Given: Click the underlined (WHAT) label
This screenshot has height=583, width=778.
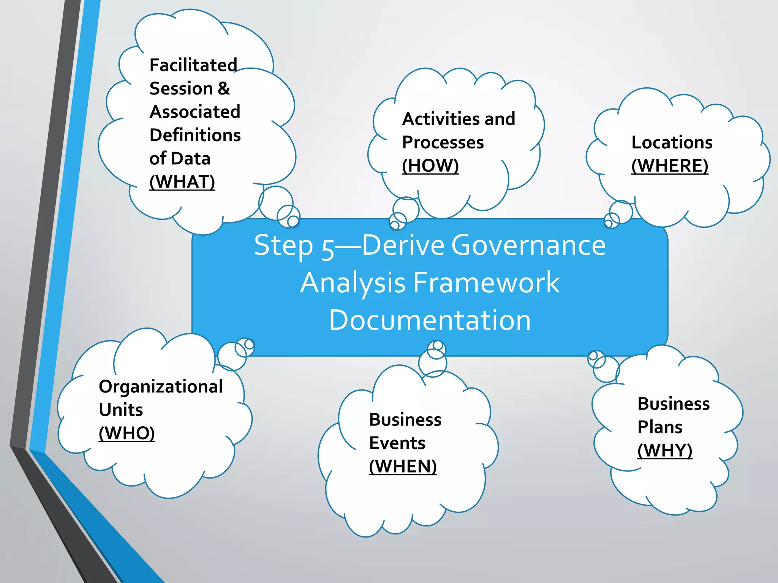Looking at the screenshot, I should (x=182, y=182).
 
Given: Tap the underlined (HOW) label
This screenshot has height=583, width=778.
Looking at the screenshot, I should (x=430, y=166).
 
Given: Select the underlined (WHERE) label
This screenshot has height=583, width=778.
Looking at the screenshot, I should (x=669, y=166).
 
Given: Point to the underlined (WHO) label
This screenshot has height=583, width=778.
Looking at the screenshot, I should (x=127, y=433).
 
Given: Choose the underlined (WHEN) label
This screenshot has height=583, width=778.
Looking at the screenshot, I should (x=403, y=466).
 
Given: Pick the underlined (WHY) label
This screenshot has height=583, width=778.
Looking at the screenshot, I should (x=664, y=451).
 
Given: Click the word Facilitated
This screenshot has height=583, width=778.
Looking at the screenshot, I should (x=193, y=65).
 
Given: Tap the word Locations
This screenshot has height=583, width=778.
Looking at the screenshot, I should (x=672, y=143).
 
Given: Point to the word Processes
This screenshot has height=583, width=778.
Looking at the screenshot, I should (x=443, y=143).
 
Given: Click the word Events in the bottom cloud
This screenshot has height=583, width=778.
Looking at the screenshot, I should (x=397, y=443).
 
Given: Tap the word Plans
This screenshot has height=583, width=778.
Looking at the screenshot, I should (x=660, y=427).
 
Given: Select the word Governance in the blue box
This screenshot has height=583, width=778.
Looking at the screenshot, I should (x=528, y=245).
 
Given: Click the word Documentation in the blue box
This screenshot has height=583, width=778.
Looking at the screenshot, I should (x=430, y=320).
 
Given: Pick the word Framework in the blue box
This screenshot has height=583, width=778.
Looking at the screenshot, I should (x=486, y=283).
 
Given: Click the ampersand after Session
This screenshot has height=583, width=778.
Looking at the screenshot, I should (x=224, y=88).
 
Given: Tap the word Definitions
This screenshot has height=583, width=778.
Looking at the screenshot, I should (x=195, y=136).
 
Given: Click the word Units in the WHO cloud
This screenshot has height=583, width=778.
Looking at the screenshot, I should (x=121, y=410).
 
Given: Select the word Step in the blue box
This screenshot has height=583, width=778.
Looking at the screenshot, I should (x=283, y=246).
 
